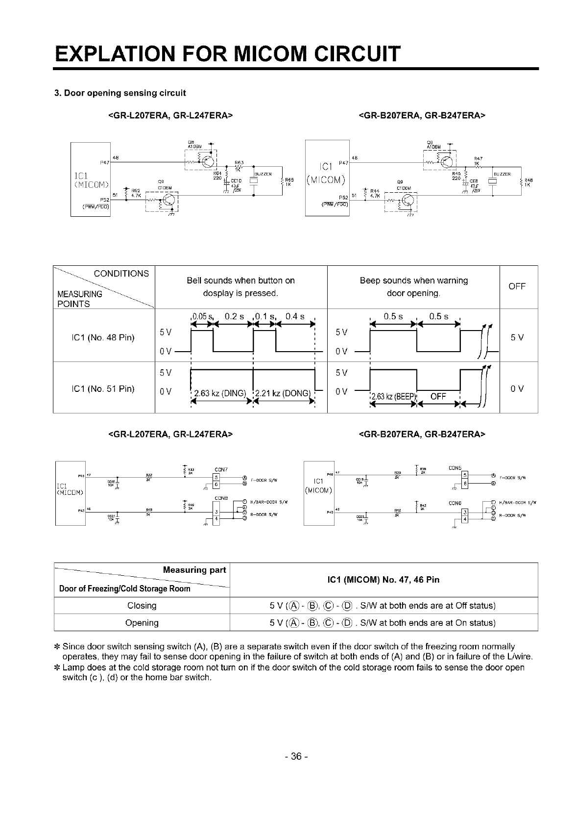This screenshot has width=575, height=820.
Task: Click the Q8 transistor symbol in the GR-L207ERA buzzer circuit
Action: click(x=209, y=160)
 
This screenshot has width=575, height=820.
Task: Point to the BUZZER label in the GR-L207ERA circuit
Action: click(x=264, y=174)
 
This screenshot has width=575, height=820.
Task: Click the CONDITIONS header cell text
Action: click(x=121, y=274)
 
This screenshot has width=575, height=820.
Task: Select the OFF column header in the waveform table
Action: click(x=517, y=286)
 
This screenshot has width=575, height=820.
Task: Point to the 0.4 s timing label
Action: click(x=295, y=316)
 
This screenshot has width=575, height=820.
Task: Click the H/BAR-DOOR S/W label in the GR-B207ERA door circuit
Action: click(x=519, y=502)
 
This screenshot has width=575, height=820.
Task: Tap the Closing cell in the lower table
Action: click(x=142, y=606)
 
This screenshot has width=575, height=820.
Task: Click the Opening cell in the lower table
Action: click(x=142, y=623)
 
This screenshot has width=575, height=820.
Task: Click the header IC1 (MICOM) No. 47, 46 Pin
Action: click(x=383, y=580)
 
